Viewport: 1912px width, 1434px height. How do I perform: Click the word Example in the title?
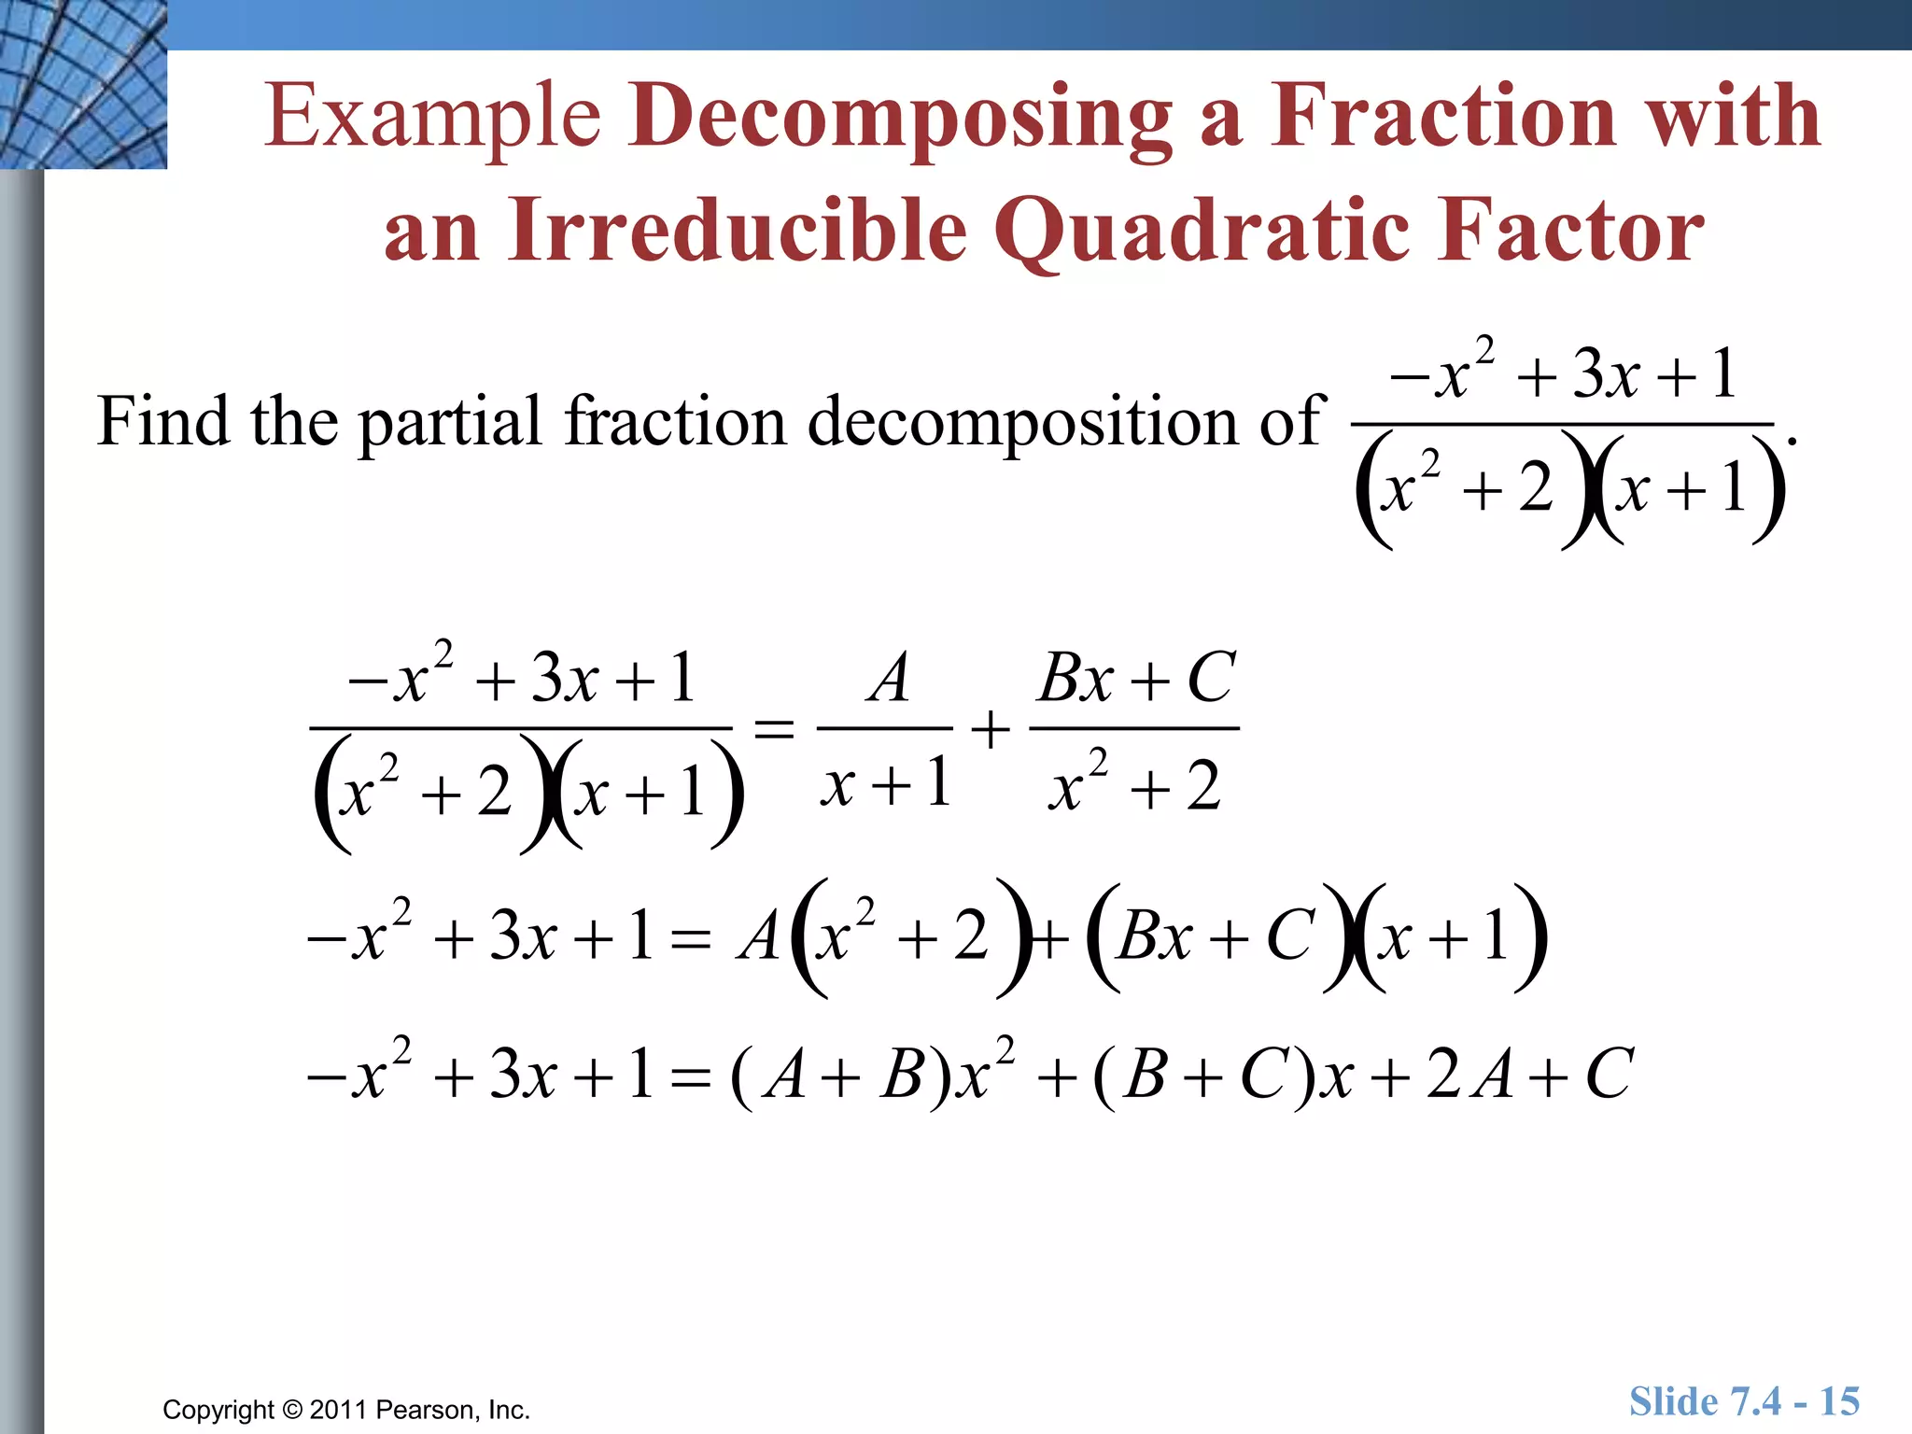[x=431, y=117]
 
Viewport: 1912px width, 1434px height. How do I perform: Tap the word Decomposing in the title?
[x=900, y=117]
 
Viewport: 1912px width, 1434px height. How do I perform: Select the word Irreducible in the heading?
[x=738, y=230]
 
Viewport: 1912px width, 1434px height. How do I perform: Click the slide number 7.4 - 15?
[x=1744, y=1401]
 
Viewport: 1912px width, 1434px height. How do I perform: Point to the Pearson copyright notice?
[x=345, y=1409]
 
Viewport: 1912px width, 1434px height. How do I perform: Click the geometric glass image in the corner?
[x=83, y=84]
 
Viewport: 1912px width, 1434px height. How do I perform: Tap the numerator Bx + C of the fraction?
[x=1136, y=678]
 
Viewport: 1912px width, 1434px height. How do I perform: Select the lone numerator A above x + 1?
[x=888, y=678]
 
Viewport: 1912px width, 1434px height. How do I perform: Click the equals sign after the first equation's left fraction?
[x=774, y=728]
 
